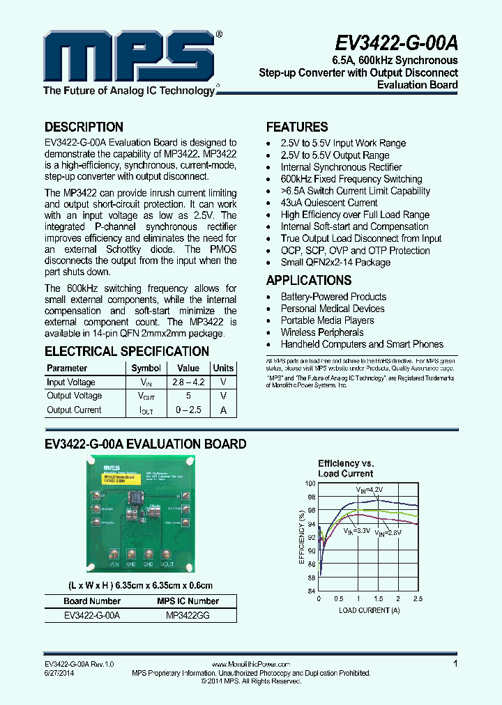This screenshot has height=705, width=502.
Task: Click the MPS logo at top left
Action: [130, 59]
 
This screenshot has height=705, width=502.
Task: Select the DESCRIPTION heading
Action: [84, 127]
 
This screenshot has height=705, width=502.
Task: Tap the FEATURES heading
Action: [297, 127]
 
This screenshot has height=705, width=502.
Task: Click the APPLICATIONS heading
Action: [309, 281]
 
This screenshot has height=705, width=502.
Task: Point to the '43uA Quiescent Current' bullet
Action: [329, 203]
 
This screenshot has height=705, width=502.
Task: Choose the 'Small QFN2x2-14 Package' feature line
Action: [335, 263]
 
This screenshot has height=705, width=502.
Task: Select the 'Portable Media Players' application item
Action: [327, 320]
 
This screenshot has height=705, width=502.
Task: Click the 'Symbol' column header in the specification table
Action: [146, 368]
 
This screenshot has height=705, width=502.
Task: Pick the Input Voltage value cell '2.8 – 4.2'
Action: [188, 382]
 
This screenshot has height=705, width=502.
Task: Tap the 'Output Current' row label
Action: [74, 410]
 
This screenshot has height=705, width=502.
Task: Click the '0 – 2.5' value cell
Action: [188, 410]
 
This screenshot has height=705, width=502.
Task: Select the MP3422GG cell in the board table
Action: [188, 616]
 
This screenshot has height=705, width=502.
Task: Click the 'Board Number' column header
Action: [92, 601]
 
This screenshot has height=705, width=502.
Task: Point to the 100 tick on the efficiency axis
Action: [310, 483]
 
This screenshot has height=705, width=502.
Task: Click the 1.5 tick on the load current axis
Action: [378, 599]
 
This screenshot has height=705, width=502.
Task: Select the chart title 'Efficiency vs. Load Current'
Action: [346, 468]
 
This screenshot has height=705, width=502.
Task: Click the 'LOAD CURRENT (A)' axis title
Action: [370, 610]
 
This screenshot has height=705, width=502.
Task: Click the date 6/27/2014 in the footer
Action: [59, 673]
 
